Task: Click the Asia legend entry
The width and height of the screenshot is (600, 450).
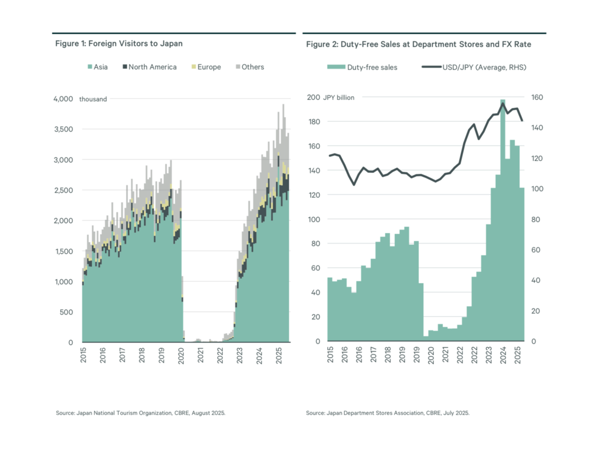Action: [x=98, y=67]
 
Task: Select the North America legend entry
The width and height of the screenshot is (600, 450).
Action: [x=149, y=67]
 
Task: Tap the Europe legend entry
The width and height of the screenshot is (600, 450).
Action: [x=206, y=67]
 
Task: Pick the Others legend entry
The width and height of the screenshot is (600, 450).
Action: [x=250, y=67]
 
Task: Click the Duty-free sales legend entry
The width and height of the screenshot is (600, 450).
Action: [x=362, y=67]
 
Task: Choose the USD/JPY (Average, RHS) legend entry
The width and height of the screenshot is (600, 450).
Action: [x=474, y=67]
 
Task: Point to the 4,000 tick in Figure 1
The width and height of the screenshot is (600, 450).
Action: [x=63, y=99]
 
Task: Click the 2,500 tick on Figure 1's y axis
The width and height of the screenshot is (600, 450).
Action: [x=63, y=190]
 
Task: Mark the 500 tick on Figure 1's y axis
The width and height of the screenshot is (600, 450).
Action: [x=66, y=312]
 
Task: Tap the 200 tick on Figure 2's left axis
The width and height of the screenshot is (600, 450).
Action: [x=314, y=97]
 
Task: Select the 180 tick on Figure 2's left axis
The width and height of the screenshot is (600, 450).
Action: [x=314, y=122]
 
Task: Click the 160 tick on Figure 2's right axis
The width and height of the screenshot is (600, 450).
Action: [x=537, y=97]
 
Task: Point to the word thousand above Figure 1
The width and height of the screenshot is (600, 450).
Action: [x=93, y=99]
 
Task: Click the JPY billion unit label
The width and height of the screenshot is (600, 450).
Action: [x=339, y=98]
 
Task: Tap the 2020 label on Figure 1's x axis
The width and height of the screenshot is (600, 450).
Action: [x=181, y=356]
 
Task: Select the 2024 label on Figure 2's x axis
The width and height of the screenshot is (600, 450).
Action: [x=503, y=355]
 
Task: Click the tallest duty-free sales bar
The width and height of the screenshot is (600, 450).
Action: [x=503, y=220]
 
